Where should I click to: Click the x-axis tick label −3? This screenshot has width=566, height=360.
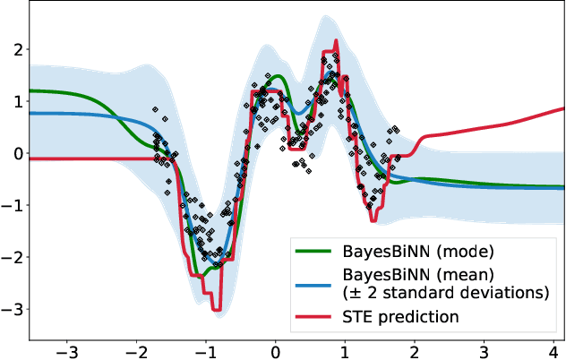point(64,350)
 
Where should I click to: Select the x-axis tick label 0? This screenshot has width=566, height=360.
point(276,350)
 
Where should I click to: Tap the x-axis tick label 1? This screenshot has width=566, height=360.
point(345,350)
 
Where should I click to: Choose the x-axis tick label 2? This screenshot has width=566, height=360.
point(415,350)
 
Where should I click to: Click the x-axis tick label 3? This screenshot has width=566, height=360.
point(484,350)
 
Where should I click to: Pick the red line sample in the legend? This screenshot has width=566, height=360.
point(321,316)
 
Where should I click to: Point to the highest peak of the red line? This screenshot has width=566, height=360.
point(336,41)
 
